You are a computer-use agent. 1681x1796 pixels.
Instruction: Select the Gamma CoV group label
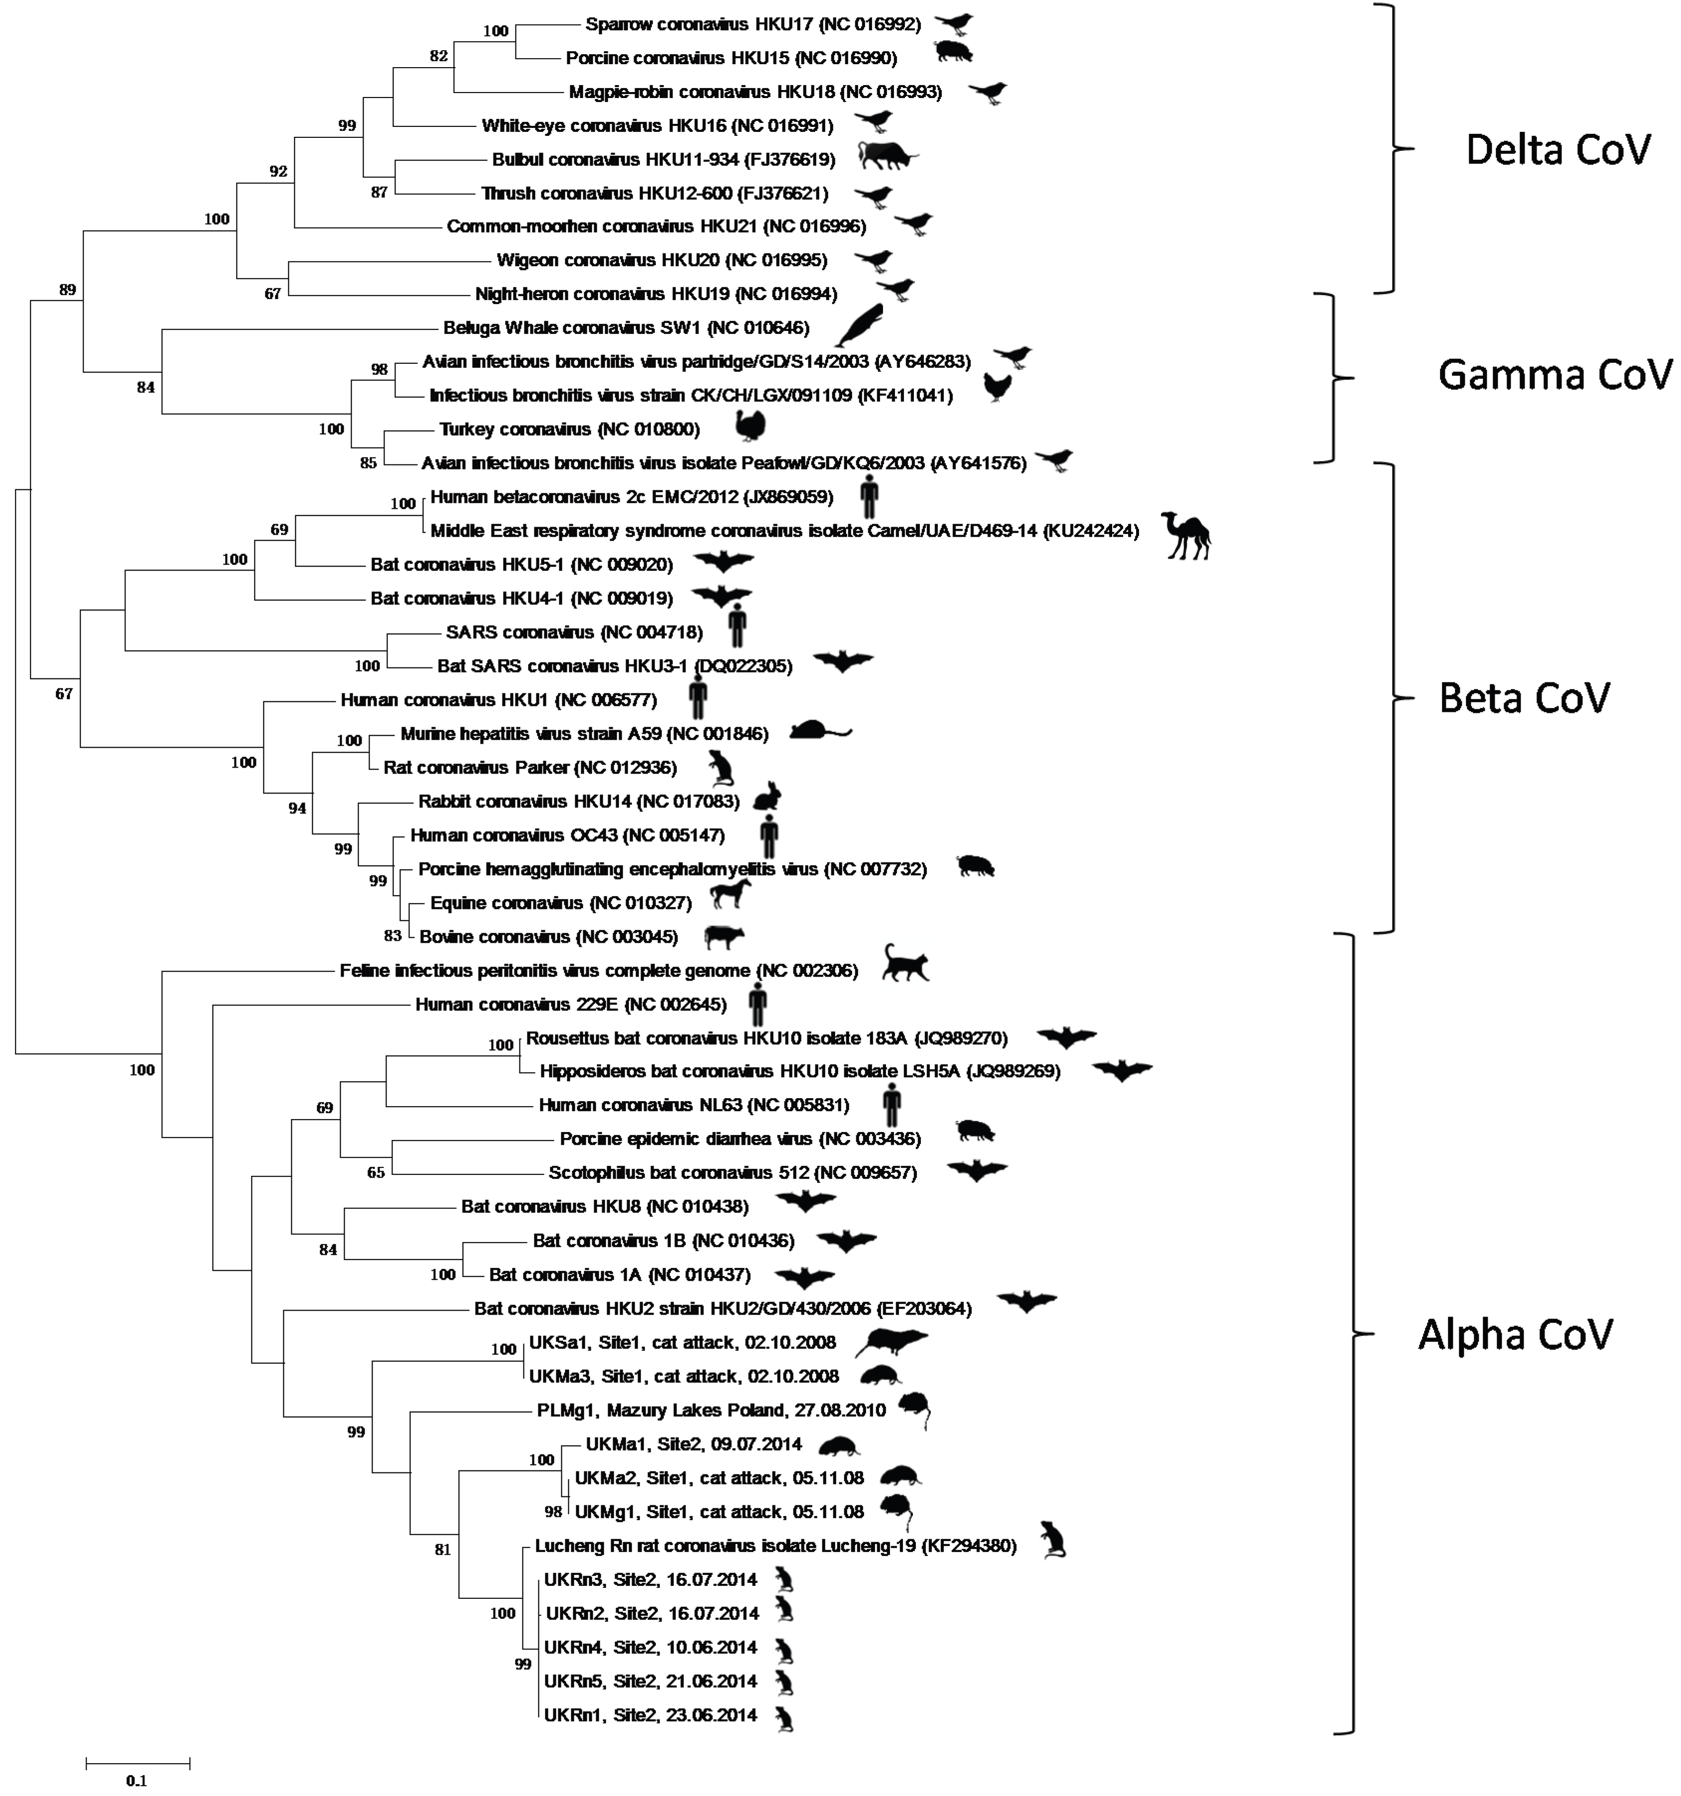click(1554, 375)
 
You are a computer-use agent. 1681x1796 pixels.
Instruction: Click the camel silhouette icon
click(1186, 535)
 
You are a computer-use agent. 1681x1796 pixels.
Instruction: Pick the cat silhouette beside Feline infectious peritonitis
click(905, 963)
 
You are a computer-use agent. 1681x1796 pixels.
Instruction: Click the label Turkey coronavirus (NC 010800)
click(569, 429)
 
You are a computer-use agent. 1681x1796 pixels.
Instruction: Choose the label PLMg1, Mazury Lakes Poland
click(710, 1410)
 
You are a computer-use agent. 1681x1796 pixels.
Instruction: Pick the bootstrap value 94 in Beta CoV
click(297, 808)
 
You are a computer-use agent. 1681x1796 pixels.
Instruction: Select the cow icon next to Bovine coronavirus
click(724, 937)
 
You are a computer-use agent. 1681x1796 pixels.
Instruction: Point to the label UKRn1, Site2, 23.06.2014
click(650, 1715)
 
